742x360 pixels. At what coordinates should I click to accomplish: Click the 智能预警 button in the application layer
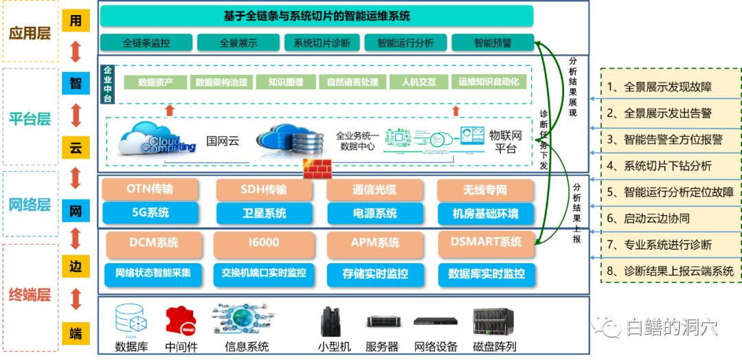click(493, 43)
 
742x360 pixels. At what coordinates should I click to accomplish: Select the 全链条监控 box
click(146, 43)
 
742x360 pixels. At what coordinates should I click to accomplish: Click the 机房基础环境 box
click(485, 213)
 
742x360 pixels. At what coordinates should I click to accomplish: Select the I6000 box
click(264, 243)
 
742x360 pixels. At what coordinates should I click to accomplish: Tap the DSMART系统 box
click(486, 243)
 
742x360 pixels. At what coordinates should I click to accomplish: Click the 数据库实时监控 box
click(486, 273)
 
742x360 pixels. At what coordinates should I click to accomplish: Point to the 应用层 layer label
click(30, 32)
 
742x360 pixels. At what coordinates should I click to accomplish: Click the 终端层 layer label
click(30, 295)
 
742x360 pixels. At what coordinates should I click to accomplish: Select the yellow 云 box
click(76, 146)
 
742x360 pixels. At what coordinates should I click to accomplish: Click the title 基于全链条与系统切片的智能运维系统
click(317, 15)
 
